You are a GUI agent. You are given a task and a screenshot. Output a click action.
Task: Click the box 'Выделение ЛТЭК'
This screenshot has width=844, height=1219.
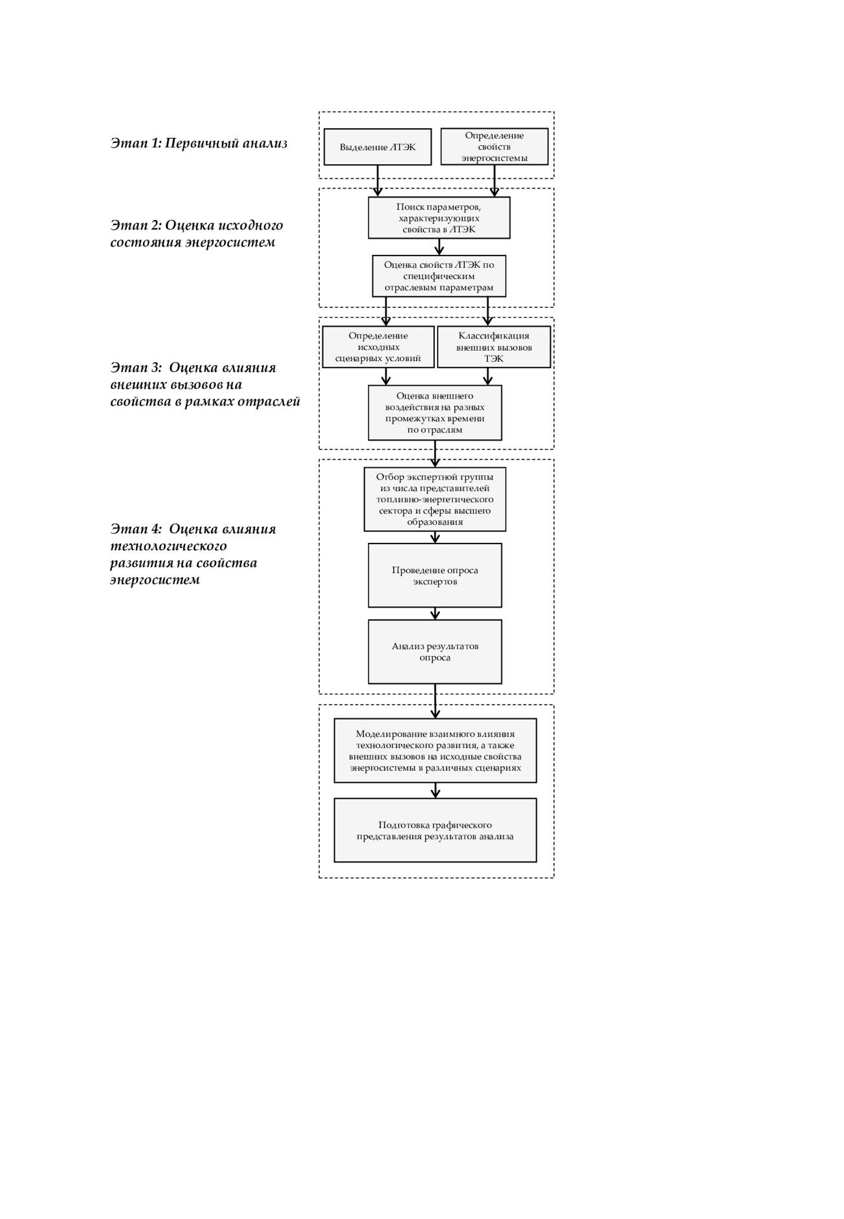377,147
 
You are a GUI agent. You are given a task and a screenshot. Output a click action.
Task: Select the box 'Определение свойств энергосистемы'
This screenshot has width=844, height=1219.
494,146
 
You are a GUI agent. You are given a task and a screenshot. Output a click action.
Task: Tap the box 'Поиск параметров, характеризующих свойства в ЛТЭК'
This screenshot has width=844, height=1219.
439,217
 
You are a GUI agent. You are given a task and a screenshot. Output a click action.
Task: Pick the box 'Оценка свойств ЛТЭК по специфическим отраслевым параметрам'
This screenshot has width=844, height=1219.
439,276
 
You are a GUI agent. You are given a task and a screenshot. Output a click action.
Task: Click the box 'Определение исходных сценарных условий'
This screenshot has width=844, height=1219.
378,347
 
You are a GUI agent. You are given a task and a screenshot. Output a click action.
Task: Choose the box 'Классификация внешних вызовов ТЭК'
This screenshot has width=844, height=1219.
494,347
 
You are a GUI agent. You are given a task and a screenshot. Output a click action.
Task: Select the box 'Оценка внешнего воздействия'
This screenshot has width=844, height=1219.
435,413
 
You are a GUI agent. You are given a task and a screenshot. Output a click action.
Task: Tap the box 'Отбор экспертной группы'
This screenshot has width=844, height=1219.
435,500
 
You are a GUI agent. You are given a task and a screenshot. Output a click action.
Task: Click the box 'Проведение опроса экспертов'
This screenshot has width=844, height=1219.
435,575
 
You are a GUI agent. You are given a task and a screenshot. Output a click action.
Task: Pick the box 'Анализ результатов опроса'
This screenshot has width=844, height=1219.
435,652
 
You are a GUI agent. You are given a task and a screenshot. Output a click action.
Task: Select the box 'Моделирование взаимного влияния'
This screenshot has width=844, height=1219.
435,751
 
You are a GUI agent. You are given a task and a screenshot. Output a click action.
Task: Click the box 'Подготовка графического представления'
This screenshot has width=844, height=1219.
435,830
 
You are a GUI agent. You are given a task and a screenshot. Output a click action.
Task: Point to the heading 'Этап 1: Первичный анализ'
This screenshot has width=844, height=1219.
199,143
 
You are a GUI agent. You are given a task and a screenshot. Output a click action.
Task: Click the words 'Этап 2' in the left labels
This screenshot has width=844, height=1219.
135,225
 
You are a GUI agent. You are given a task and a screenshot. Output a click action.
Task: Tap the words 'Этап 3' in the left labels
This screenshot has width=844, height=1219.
135,368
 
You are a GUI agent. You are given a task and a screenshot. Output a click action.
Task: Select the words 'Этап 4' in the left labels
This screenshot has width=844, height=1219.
135,529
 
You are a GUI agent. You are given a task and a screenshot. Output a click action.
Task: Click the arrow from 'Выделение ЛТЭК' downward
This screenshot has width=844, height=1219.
378,181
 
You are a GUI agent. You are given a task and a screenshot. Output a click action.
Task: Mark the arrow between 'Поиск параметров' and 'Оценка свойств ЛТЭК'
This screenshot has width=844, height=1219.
439,247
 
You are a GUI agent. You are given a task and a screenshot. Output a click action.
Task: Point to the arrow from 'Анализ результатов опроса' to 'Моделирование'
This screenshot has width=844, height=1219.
435,701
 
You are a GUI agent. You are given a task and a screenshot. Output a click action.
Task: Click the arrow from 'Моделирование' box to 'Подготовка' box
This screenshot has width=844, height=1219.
435,791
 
